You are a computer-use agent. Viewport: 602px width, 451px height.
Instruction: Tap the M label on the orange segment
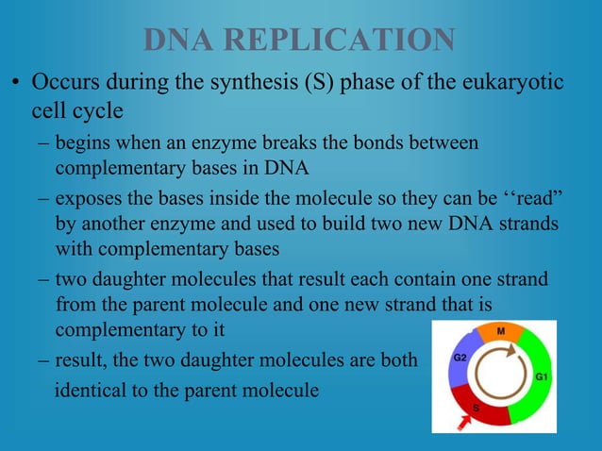click(500, 332)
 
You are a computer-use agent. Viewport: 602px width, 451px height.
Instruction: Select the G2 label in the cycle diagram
click(460, 359)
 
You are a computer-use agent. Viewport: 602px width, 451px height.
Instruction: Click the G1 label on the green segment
click(543, 376)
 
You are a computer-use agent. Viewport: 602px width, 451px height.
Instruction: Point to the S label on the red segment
click(476, 408)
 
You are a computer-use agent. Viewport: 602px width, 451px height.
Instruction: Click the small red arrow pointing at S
click(462, 426)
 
